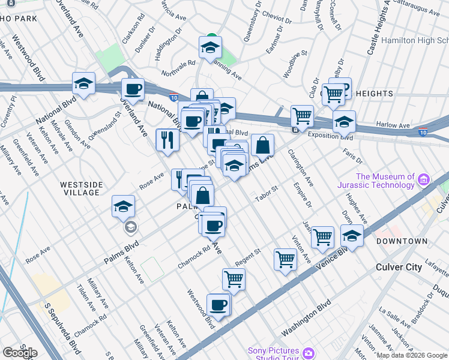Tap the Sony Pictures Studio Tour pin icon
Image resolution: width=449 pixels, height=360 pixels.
(307, 352)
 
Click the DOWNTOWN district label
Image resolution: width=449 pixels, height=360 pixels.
(402, 241)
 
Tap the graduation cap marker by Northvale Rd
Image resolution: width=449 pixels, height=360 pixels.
(211, 47)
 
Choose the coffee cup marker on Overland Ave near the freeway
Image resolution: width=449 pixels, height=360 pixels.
(133, 90)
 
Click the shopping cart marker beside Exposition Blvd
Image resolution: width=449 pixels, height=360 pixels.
(302, 115)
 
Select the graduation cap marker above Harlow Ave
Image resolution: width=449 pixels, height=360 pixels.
(344, 122)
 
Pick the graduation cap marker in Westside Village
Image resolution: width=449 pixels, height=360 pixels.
(123, 207)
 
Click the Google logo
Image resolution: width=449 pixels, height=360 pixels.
(20, 353)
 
